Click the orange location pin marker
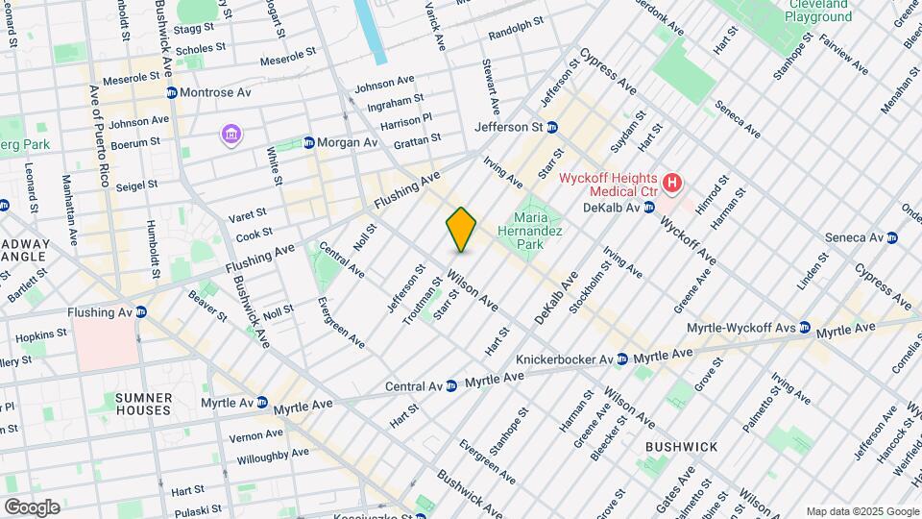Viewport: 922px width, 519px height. tap(462, 229)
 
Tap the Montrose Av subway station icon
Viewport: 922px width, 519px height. tap(171, 92)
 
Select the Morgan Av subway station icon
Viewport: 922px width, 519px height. tap(308, 142)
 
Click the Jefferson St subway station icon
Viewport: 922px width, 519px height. tap(552, 127)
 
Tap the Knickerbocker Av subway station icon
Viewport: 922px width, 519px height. tap(621, 358)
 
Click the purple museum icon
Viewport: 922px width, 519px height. tap(230, 133)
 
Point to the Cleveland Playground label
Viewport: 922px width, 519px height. tap(819, 11)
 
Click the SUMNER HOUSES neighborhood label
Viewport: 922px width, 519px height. tap(143, 404)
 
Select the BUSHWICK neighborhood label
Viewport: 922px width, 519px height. tap(681, 448)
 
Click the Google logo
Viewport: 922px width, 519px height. tap(32, 507)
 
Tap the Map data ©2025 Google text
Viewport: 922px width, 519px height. tap(861, 511)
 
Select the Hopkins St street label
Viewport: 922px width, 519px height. tap(40, 335)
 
